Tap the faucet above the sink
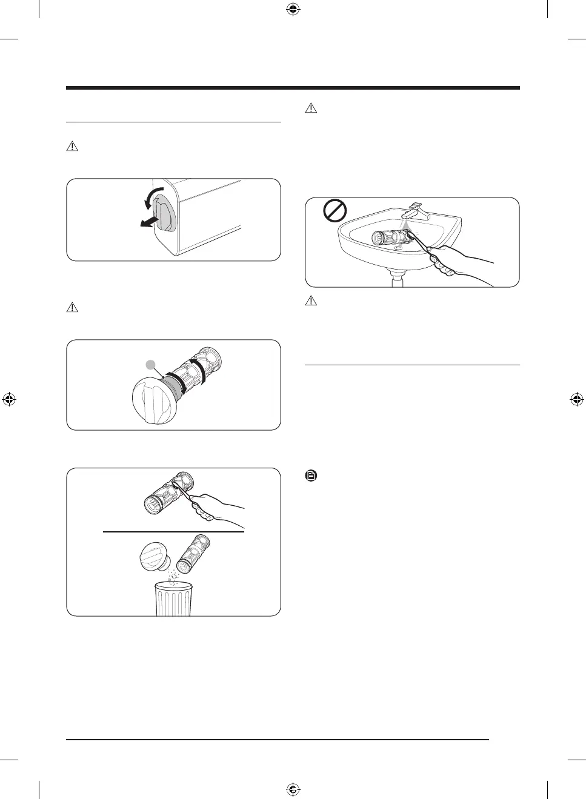coord(418,212)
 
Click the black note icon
coord(311,476)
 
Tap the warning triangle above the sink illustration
coord(311,108)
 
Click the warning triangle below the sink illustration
coord(311,300)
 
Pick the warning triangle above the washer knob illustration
coord(72,146)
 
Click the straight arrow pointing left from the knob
coord(148,222)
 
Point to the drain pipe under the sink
coord(397,279)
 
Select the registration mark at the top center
coord(293,9)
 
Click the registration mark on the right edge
coord(576,399)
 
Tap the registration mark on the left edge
coord(9,399)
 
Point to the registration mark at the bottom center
coord(293,789)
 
